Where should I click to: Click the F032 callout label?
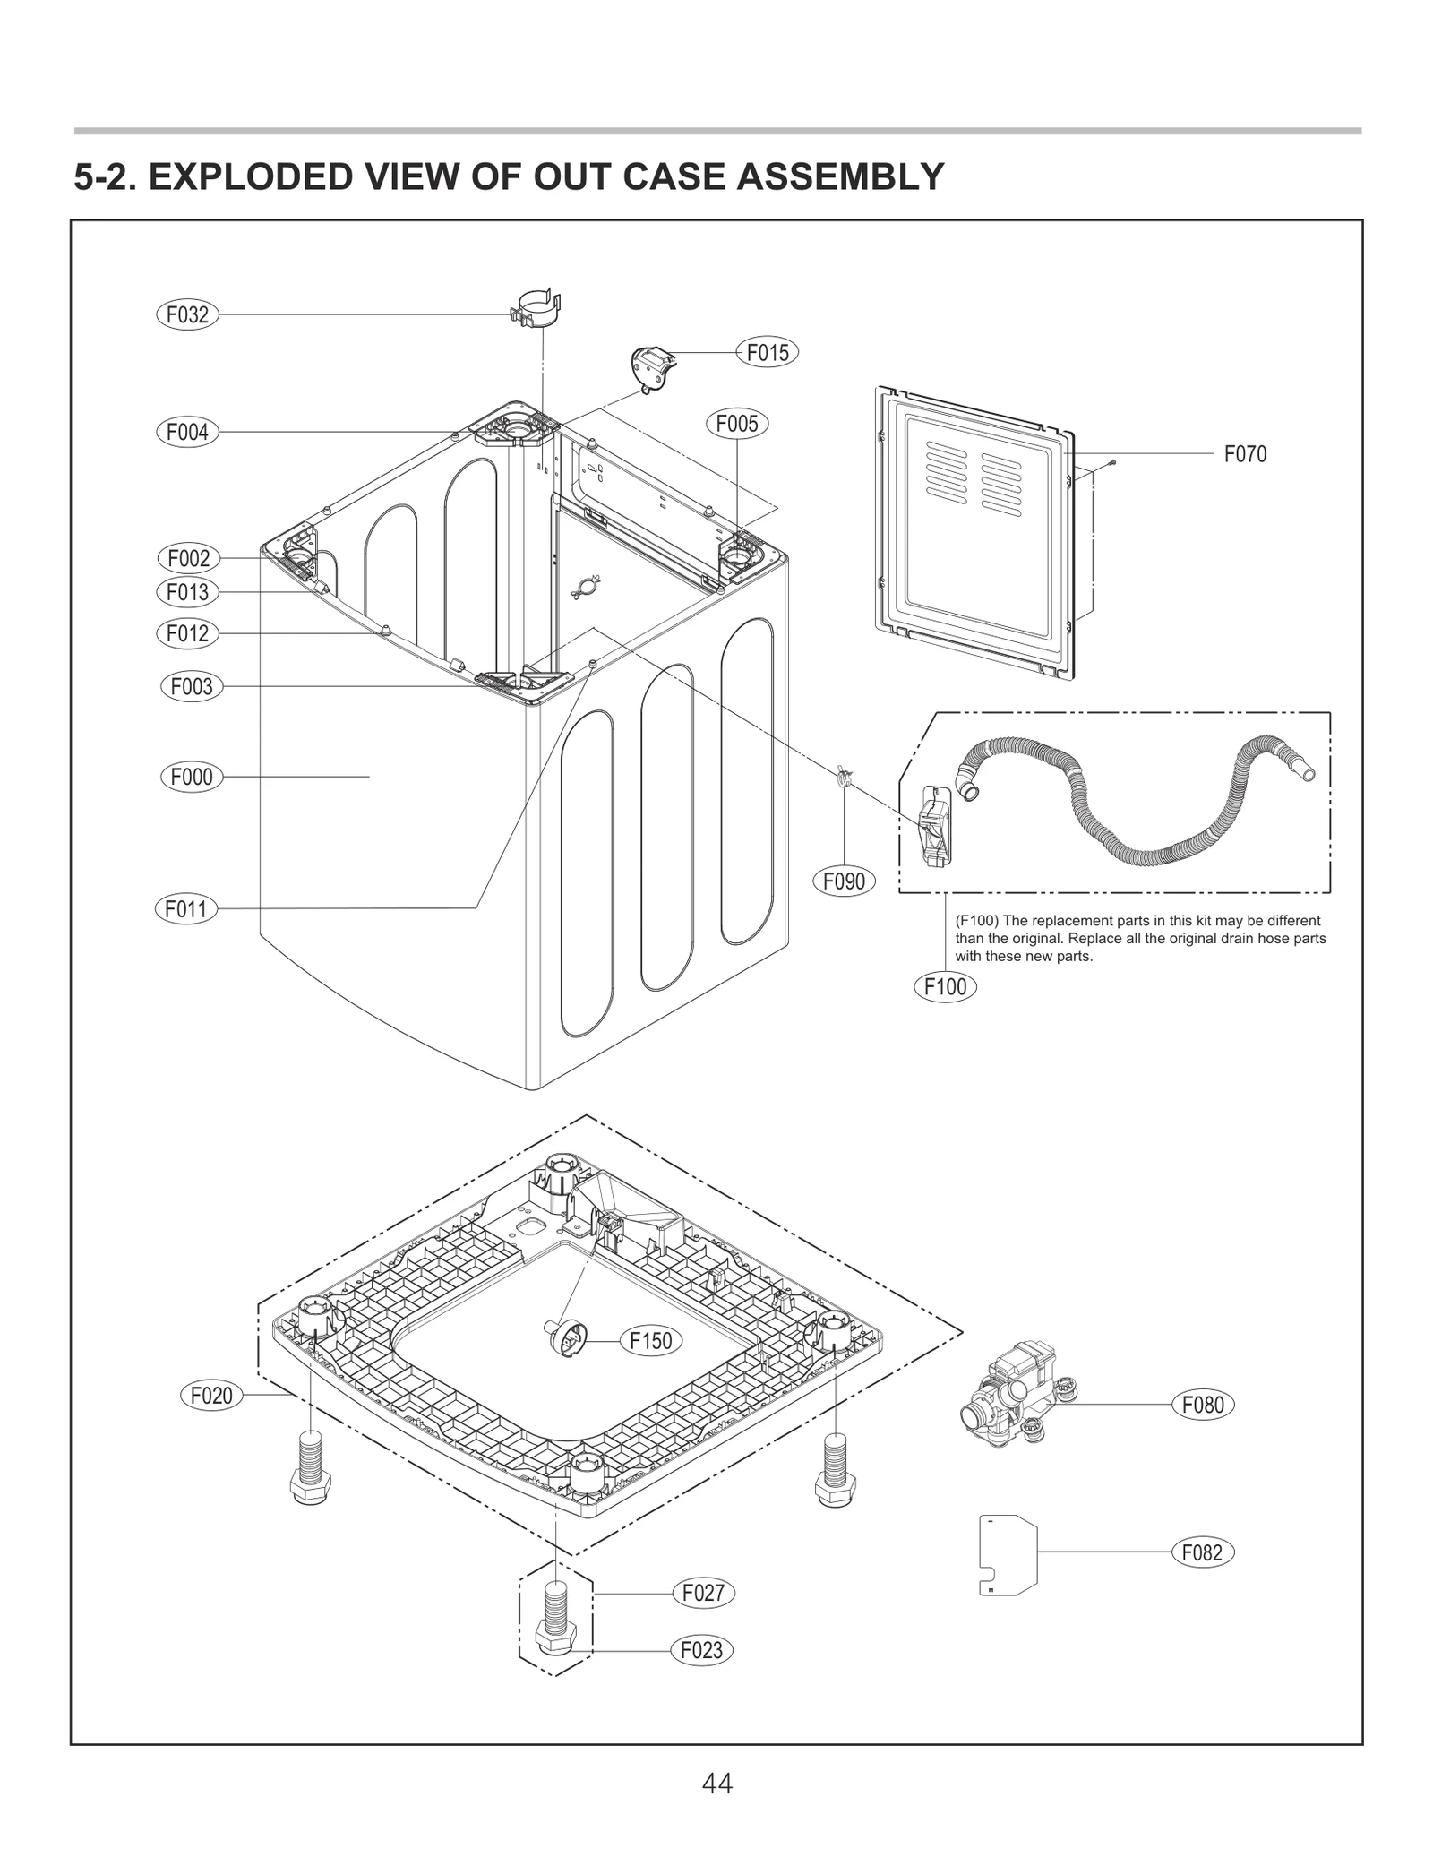tap(187, 314)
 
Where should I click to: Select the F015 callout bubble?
tap(767, 353)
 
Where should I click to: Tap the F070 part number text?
tap(1245, 454)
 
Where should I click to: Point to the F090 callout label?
tap(844, 881)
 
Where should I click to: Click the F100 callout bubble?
tap(945, 987)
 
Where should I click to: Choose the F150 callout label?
tap(650, 1341)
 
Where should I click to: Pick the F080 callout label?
tap(1202, 1405)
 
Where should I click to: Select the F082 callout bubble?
tap(1202, 1552)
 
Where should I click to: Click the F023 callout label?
tap(701, 1650)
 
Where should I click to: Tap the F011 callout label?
tap(186, 909)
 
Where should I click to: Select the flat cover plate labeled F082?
tap(1007, 1554)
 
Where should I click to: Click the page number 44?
tap(716, 1784)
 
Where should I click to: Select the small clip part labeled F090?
tap(841, 776)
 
